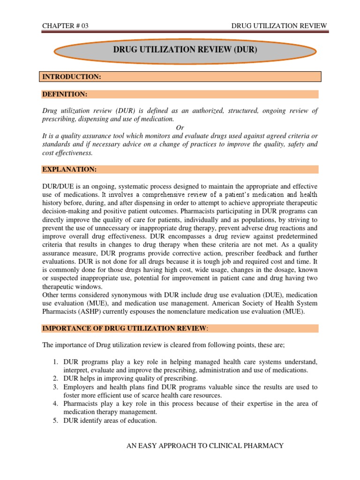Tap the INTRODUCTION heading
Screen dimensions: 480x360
72,76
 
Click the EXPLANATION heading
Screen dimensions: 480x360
69,169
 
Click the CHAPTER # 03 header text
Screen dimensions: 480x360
65,26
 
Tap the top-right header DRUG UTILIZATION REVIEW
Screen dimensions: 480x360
280,26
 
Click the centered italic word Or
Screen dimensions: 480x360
180,127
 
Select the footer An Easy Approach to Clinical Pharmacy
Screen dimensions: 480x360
205,445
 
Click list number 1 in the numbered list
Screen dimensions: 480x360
54,362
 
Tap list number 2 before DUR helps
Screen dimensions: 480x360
54,378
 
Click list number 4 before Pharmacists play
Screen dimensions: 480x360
54,404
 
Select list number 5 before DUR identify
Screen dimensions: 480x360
54,420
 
